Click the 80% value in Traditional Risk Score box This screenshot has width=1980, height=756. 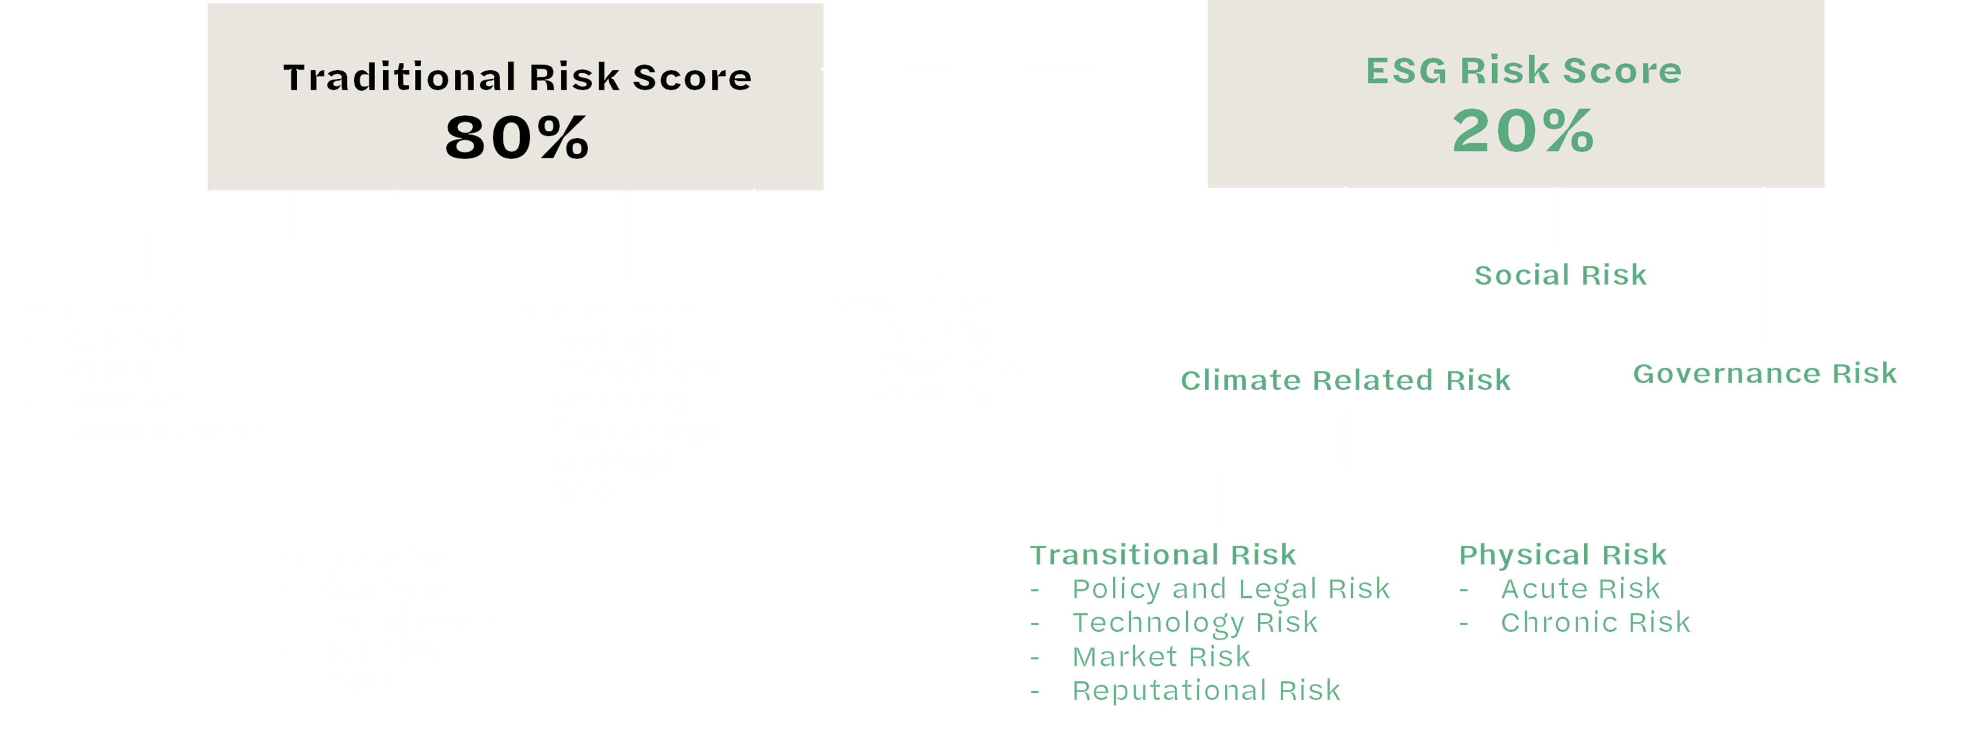(x=516, y=138)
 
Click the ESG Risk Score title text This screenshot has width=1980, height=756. (x=1523, y=71)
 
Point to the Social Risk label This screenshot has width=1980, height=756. (x=1560, y=275)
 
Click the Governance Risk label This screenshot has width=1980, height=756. (x=1765, y=373)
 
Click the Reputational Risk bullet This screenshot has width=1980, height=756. (x=1206, y=691)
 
